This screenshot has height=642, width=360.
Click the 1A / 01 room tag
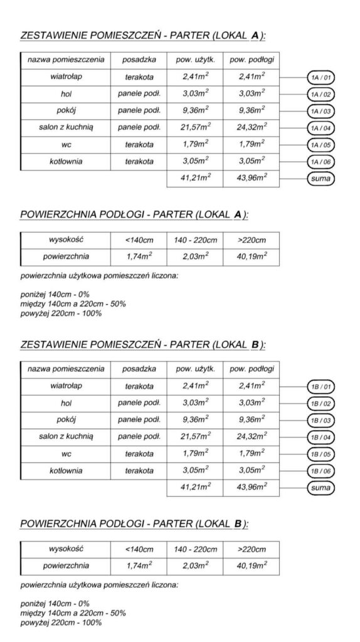click(x=320, y=78)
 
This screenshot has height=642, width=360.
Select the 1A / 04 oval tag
click(x=320, y=129)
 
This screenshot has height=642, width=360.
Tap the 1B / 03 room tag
click(x=320, y=419)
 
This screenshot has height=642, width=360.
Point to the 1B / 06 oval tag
click(x=320, y=470)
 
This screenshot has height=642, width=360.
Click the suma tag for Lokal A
click(x=320, y=179)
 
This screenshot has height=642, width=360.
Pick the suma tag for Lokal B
click(x=320, y=487)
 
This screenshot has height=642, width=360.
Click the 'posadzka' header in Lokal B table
click(x=139, y=369)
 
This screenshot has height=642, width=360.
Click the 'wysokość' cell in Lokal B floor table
click(x=66, y=549)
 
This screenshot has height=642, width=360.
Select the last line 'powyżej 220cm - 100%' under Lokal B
click(x=61, y=623)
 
